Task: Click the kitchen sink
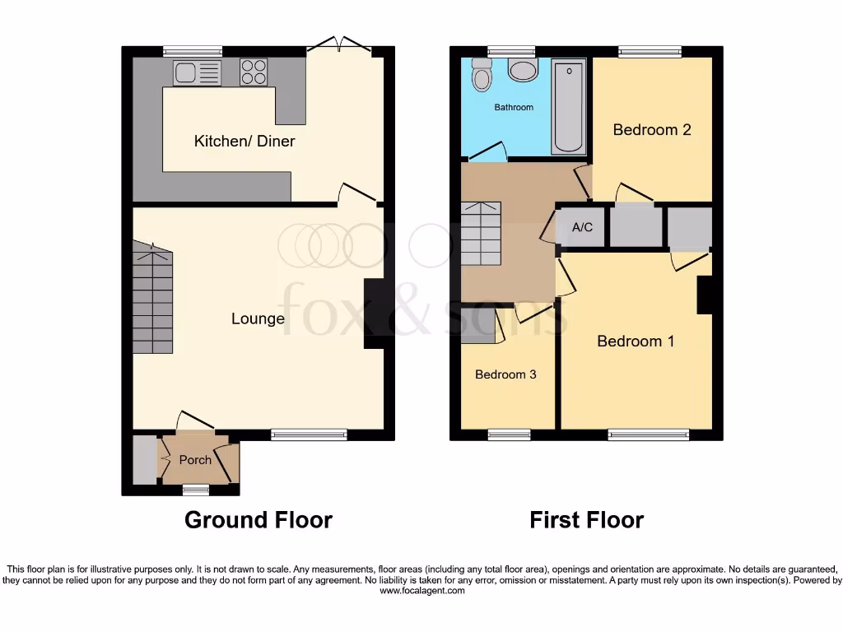point(197,73)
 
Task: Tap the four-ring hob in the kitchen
point(254,72)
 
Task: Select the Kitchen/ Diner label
point(245,141)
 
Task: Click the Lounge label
point(258,318)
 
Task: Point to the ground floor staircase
point(153,300)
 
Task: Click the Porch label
point(195,460)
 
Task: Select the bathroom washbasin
point(522,70)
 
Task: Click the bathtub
point(569,107)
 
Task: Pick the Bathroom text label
point(514,107)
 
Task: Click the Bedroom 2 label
point(651,129)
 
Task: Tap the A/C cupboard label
point(582,227)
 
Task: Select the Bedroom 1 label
point(636,341)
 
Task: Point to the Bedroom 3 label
point(505,374)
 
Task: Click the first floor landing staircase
point(480,234)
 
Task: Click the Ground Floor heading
point(258,520)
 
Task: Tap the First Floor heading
point(586,520)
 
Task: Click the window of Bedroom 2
point(650,52)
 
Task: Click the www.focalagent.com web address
point(421,590)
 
